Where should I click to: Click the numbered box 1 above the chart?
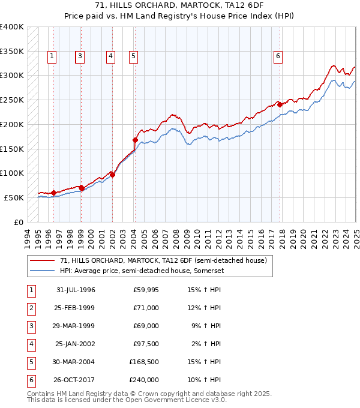click(x=52, y=57)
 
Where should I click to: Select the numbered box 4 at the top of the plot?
click(x=111, y=57)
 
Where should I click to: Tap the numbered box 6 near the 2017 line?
click(x=278, y=57)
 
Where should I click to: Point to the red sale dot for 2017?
click(x=280, y=104)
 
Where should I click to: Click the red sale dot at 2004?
click(x=135, y=140)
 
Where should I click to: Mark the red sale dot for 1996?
click(x=54, y=193)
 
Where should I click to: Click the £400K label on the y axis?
click(x=12, y=27)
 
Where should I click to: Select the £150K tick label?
click(x=12, y=149)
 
